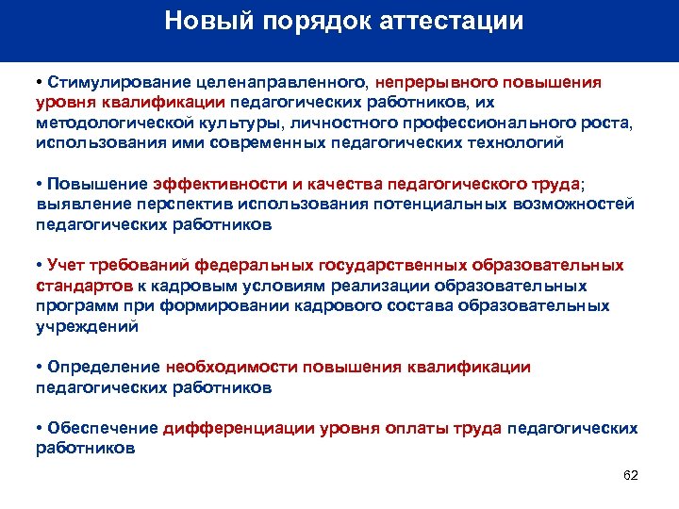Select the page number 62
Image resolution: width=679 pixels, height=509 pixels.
pos(631,475)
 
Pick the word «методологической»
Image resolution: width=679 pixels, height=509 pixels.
pos(105,123)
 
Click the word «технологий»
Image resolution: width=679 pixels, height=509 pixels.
pos(505,142)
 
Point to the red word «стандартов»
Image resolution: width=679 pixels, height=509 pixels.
pos(80,286)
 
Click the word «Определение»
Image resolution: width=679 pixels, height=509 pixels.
pos(104,367)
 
